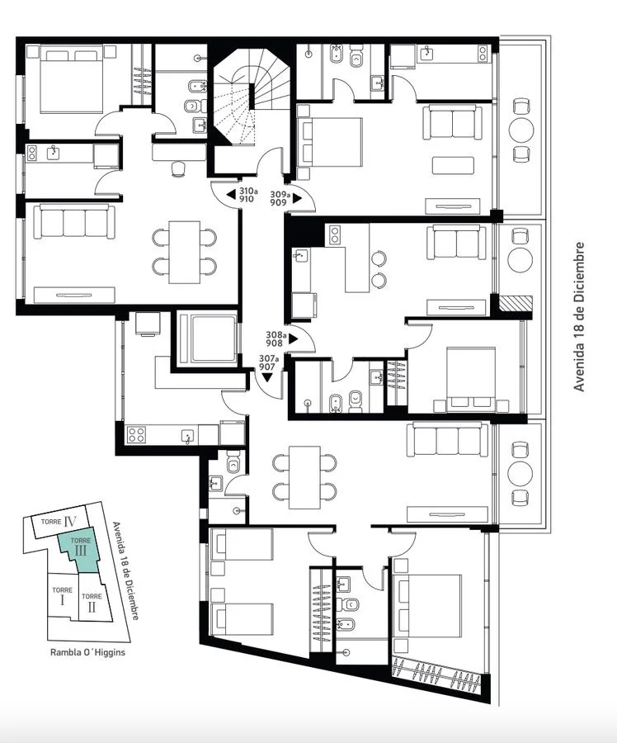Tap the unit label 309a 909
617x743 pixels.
coord(280,198)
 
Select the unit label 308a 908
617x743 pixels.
coord(276,338)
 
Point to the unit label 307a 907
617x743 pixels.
coord(268,362)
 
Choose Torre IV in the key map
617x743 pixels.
coord(59,521)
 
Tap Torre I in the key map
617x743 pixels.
coord(62,596)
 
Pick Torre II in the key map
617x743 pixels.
coord(92,602)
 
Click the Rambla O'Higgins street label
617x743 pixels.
coord(87,652)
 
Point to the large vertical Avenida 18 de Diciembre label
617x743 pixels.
coord(579,316)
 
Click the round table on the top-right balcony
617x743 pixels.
coord(520,130)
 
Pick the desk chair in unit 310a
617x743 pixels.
coord(178,168)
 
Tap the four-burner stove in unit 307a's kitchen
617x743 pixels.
coord(136,434)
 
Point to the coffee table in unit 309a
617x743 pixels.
coord(453,165)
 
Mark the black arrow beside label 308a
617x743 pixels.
coord(293,339)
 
